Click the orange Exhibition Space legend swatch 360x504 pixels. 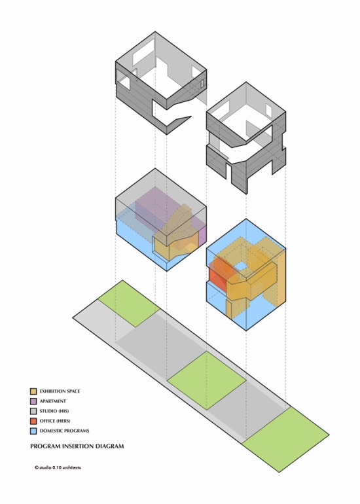[x=33, y=391]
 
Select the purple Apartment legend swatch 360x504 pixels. [x=33, y=401]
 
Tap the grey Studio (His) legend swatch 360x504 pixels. [x=33, y=411]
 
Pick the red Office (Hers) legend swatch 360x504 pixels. [x=33, y=421]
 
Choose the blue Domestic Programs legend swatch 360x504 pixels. [x=33, y=431]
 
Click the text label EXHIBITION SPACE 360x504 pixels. [x=60, y=391]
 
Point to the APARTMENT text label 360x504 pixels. [x=53, y=401]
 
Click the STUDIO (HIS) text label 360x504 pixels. [x=54, y=411]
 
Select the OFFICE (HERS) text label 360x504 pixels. [x=55, y=421]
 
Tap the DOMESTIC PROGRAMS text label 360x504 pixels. [x=64, y=431]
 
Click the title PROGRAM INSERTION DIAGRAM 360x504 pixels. [x=77, y=446]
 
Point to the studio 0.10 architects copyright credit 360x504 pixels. [x=58, y=468]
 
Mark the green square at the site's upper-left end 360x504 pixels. [x=129, y=304]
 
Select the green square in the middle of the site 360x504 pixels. [x=207, y=380]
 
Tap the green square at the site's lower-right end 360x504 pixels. [x=285, y=439]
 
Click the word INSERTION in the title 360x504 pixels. [x=80, y=446]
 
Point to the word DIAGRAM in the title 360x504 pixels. [x=111, y=446]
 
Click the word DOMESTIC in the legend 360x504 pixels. [x=52, y=431]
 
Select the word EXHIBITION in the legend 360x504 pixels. [x=52, y=391]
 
